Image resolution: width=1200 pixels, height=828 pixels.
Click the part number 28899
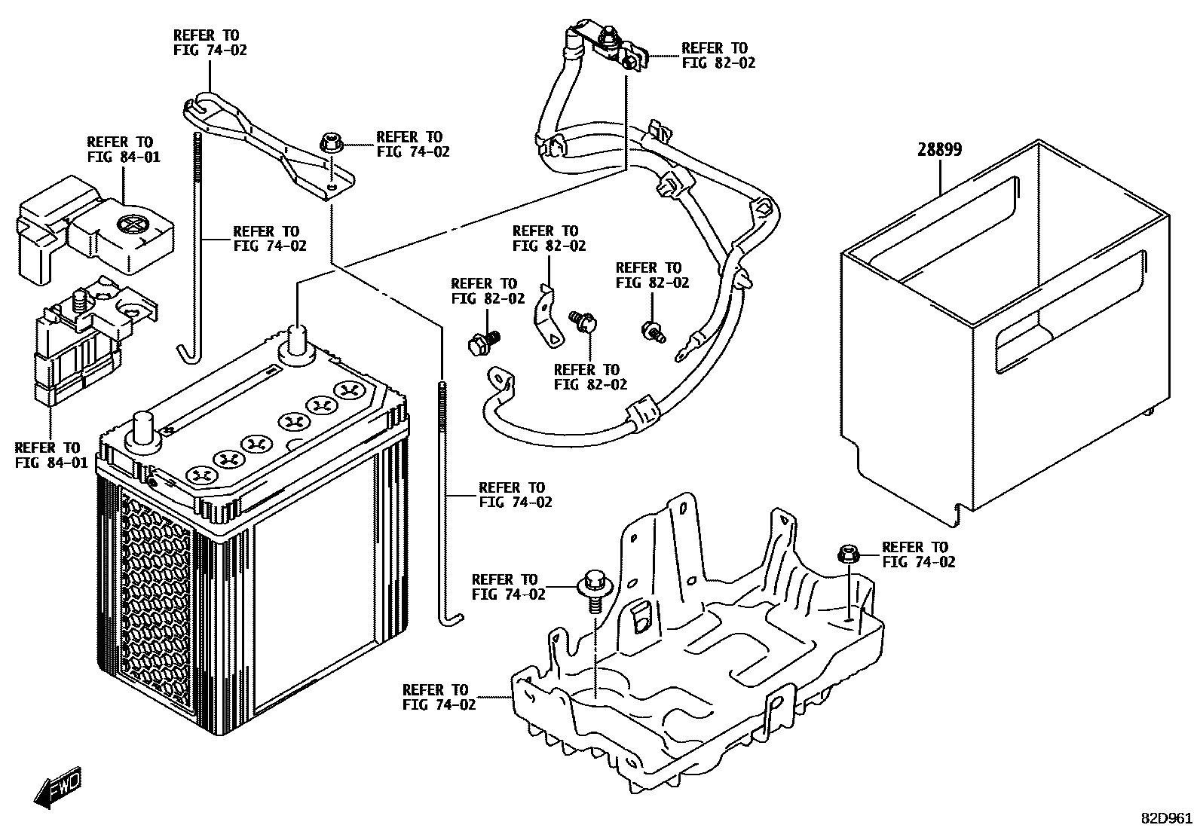(x=939, y=149)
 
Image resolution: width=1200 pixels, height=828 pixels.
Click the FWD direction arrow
(x=57, y=789)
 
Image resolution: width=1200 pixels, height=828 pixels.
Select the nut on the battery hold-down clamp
(x=329, y=142)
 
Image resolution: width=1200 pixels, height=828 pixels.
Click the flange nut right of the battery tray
(x=846, y=555)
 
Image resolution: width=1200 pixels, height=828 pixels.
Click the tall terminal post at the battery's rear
(x=296, y=341)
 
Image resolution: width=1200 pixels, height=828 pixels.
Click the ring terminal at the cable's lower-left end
(x=498, y=376)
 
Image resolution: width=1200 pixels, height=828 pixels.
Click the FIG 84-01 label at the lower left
(x=51, y=455)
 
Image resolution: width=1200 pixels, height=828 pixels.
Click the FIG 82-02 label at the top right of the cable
(x=718, y=56)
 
